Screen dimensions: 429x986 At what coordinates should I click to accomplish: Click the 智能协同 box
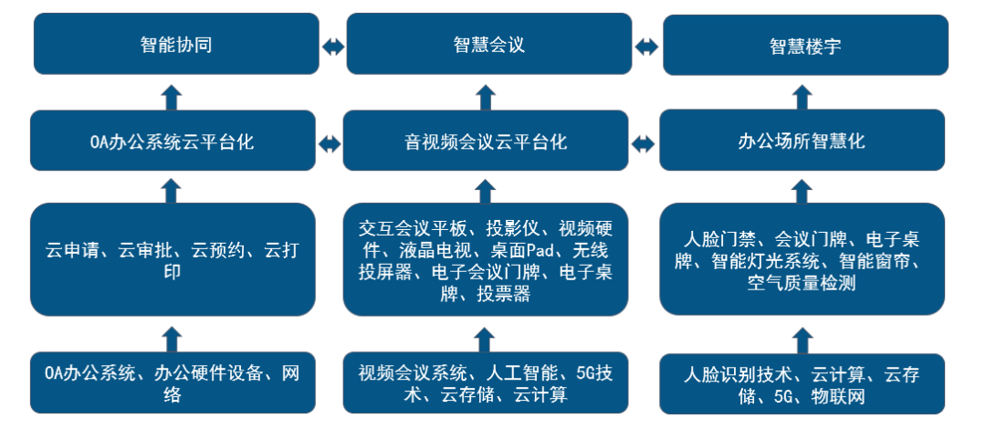(176, 44)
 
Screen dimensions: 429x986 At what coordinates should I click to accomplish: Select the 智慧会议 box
(488, 44)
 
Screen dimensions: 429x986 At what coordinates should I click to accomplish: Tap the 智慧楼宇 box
(804, 45)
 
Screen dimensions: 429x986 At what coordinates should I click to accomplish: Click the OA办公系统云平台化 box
(173, 141)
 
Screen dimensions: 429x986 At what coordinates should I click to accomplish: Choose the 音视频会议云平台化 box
(486, 141)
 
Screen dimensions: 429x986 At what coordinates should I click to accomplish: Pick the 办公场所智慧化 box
(802, 141)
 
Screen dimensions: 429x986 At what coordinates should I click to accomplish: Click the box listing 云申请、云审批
(173, 259)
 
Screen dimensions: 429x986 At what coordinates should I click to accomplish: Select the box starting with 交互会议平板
(486, 259)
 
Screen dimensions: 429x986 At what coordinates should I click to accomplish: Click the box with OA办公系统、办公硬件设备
(173, 383)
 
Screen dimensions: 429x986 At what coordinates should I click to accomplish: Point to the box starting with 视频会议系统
(486, 383)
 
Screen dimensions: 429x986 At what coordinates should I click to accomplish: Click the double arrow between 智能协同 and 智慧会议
(333, 46)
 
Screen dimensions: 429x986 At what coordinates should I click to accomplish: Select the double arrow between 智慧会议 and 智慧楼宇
(646, 46)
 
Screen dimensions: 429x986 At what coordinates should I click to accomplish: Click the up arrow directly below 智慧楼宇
(802, 95)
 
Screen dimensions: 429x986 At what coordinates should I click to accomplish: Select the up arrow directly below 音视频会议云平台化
(486, 189)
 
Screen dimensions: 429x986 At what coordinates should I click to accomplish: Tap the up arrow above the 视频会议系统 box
(486, 340)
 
